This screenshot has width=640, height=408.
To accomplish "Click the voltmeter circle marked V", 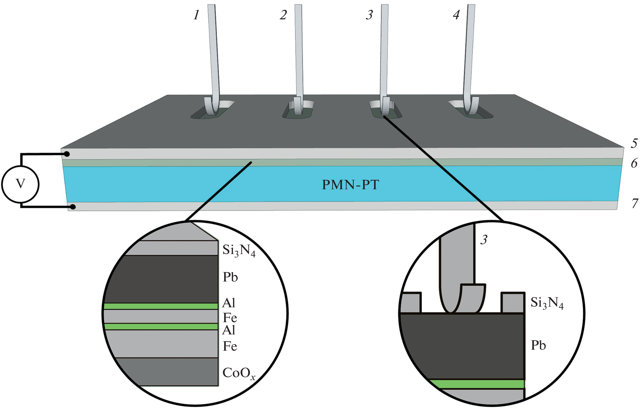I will pyautogui.click(x=20, y=184).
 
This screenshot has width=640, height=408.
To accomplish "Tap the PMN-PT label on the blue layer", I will pyautogui.click(x=350, y=185).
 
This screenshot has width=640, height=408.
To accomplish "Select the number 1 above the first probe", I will pyautogui.click(x=196, y=15).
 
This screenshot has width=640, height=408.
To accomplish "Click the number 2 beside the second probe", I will pyautogui.click(x=283, y=15).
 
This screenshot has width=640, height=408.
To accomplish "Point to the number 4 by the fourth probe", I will pyautogui.click(x=456, y=15).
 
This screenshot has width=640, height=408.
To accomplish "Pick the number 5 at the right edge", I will pyautogui.click(x=634, y=143).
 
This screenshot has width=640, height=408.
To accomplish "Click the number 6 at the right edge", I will pyautogui.click(x=634, y=163).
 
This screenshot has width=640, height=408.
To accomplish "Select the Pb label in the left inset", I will pyautogui.click(x=230, y=277).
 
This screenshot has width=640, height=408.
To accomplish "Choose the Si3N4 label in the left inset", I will pyautogui.click(x=239, y=250).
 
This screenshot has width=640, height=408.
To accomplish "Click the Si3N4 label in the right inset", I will pyautogui.click(x=547, y=303).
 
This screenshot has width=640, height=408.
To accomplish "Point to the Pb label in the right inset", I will pyautogui.click(x=538, y=346).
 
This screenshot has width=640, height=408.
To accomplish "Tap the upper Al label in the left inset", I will pyautogui.click(x=229, y=303).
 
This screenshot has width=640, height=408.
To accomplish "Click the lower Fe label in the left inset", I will pyautogui.click(x=230, y=346).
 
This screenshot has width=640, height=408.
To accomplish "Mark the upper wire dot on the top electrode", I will pyautogui.click(x=67, y=154).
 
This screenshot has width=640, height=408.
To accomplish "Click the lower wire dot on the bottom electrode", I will pyautogui.click(x=73, y=207).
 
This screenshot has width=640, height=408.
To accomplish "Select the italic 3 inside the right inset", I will pyautogui.click(x=484, y=240).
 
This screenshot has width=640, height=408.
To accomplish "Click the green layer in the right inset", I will pyautogui.click(x=476, y=384).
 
